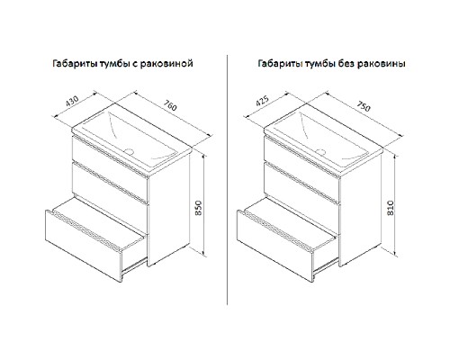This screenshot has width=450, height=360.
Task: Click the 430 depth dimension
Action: (72, 102)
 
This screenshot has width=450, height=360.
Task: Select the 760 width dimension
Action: (170, 105)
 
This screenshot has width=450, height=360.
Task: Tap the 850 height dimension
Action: (199, 208)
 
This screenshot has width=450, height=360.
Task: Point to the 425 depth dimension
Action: (262, 101)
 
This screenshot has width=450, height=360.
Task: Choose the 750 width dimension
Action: (364, 105)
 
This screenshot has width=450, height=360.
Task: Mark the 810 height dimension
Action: (391, 207)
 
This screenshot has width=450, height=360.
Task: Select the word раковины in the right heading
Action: (382, 64)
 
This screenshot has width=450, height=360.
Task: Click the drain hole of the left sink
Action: (130, 150)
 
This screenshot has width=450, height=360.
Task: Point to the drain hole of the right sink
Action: (322, 151)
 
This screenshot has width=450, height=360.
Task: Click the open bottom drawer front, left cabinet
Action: (84, 246)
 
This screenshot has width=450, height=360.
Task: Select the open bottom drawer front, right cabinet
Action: (275, 246)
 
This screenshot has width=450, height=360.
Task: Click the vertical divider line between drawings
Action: (227, 179)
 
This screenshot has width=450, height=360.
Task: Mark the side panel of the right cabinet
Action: (360, 210)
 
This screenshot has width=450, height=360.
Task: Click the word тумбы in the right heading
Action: (319, 64)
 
